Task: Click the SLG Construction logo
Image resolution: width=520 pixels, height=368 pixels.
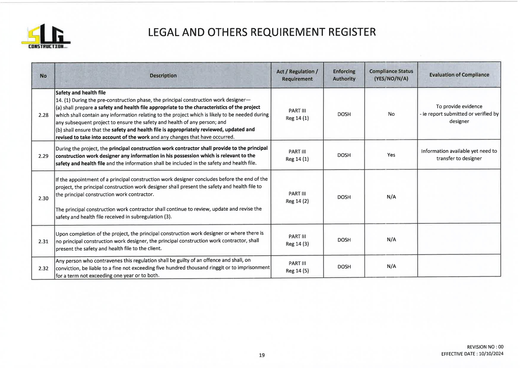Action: click(46, 37)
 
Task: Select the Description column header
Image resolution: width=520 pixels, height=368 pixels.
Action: click(163, 76)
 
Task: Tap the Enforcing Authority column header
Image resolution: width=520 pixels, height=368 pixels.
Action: click(344, 75)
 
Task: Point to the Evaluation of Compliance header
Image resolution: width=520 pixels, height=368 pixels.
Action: click(459, 75)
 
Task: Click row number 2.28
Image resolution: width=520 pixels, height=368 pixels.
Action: click(43, 115)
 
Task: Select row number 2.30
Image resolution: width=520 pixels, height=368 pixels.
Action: click(43, 198)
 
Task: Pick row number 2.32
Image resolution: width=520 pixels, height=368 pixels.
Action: click(43, 268)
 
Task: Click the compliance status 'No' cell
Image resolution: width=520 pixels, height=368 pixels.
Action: click(391, 114)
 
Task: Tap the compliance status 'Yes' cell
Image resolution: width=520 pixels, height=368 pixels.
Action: click(391, 155)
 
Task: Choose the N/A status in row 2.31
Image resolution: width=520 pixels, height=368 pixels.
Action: click(391, 239)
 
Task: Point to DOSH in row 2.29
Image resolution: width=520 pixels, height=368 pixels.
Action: click(344, 155)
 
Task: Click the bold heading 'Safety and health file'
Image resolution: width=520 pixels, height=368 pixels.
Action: click(81, 93)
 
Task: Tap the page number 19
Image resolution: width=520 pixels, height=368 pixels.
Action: click(261, 355)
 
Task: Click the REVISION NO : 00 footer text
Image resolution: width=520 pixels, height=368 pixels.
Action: click(485, 347)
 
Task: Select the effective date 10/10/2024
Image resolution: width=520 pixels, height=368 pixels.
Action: click(491, 354)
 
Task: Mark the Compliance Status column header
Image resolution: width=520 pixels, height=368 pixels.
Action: click(391, 75)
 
